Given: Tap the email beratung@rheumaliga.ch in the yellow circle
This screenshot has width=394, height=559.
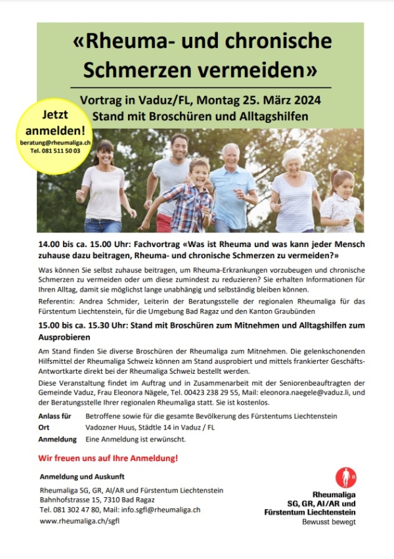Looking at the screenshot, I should pyautogui.click(x=55, y=142).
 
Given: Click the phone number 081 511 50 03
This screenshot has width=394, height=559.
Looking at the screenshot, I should pyautogui.click(x=55, y=150).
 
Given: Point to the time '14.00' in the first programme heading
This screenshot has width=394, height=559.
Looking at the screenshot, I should pyautogui.click(x=51, y=244).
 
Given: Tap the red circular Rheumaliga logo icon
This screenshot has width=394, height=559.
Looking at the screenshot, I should pyautogui.click(x=346, y=477).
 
